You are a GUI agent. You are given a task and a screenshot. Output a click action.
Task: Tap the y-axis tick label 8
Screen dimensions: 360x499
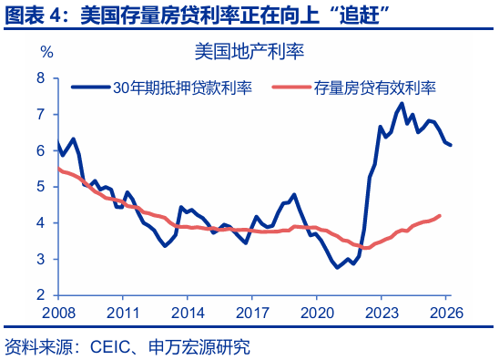(41, 78)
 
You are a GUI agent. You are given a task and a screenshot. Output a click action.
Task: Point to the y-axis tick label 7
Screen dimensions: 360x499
(41, 115)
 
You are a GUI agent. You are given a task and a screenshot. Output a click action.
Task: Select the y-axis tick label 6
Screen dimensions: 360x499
(41, 150)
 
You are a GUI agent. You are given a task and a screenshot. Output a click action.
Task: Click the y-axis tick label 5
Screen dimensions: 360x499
(41, 187)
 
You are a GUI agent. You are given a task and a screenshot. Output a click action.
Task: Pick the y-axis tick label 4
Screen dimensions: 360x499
(41, 223)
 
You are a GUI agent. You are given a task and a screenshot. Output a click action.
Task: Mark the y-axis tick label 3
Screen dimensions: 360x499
(41, 259)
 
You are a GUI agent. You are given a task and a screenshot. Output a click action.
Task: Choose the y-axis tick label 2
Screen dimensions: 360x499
(41, 295)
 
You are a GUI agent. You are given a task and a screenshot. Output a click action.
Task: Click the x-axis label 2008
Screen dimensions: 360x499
(57, 313)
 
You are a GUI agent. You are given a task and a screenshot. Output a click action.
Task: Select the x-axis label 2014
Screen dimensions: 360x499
(188, 313)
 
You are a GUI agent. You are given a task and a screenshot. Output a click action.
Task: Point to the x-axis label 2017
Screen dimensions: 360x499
(252, 313)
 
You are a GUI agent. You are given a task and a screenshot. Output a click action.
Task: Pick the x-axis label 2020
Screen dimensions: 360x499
(317, 313)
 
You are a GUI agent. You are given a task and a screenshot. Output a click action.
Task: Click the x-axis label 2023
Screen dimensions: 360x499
(382, 313)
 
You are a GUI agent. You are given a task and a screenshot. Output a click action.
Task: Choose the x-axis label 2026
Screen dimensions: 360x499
(446, 313)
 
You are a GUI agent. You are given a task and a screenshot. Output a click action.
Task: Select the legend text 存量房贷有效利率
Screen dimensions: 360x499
(375, 88)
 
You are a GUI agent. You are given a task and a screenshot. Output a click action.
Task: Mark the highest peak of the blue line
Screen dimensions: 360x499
(402, 103)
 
